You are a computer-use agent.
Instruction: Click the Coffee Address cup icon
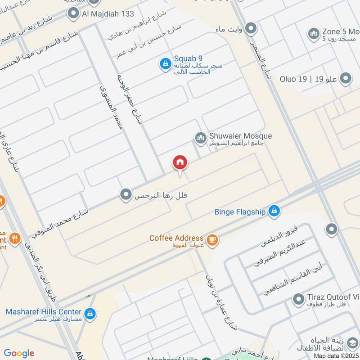click(213, 240)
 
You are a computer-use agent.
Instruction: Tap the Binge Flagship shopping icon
click(274, 210)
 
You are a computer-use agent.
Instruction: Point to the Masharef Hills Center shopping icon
click(90, 313)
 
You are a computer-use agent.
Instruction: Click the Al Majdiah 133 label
click(108, 14)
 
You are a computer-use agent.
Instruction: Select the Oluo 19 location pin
click(346, 79)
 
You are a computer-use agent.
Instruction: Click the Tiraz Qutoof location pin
click(298, 299)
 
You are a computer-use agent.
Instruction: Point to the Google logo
click(18, 353)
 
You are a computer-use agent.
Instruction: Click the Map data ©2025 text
click(336, 355)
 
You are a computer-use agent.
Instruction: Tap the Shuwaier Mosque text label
click(240, 135)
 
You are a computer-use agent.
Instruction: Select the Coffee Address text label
click(176, 238)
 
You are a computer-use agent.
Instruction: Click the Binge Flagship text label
click(240, 211)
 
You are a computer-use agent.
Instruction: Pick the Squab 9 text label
click(188, 58)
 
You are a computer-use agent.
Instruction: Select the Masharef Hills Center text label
click(44, 311)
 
